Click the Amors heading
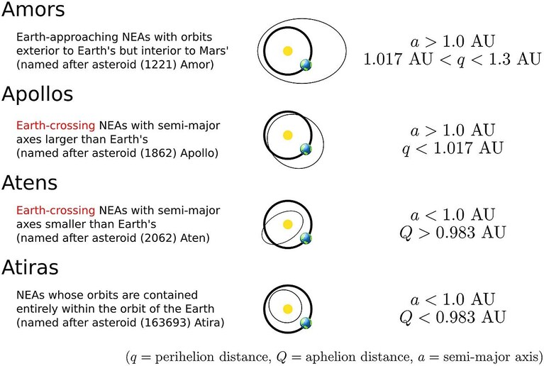tap(33, 9)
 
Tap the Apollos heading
tap(38, 94)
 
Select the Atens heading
tap(30, 183)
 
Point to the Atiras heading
tap(30, 267)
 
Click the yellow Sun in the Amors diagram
tap(288, 51)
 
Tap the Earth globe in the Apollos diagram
tap(306, 149)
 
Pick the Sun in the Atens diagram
tap(288, 224)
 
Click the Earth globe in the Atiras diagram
tap(306, 323)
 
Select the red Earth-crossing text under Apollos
tap(55, 126)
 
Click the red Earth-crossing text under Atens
tap(55, 210)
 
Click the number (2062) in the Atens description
tap(160, 238)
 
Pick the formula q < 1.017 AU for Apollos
tap(453, 148)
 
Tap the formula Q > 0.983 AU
tap(453, 233)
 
